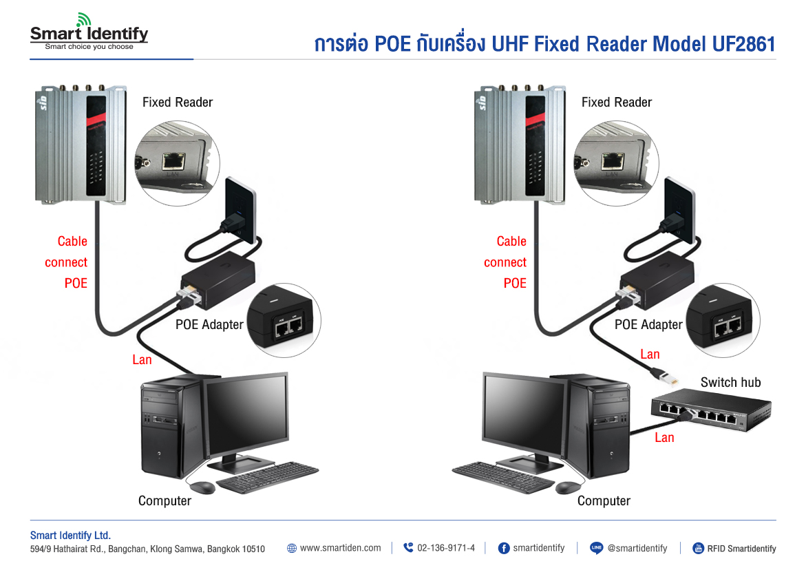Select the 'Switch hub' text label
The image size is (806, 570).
(x=730, y=383)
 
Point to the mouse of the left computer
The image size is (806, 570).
(x=202, y=487)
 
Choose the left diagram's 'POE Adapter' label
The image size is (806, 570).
(x=209, y=324)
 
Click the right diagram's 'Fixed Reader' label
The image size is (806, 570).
(x=616, y=103)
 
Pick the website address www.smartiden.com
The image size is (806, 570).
(x=340, y=549)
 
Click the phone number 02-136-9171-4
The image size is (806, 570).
(x=445, y=549)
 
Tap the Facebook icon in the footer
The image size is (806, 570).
(x=503, y=549)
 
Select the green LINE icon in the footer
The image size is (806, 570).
(x=597, y=549)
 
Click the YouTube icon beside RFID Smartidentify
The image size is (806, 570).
(x=698, y=549)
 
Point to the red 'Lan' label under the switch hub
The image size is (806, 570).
(x=664, y=438)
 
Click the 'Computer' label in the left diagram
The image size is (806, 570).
(x=165, y=501)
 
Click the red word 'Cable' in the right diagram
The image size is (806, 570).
(x=511, y=242)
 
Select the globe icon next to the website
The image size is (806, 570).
(x=292, y=549)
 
